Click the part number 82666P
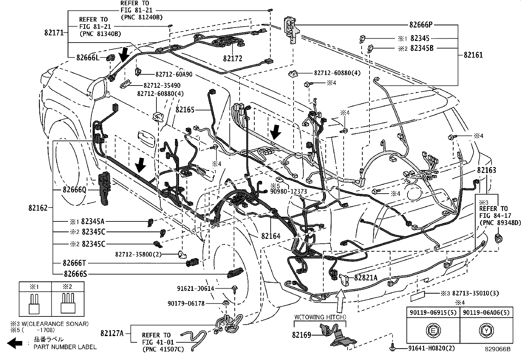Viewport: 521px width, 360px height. click(x=421, y=25)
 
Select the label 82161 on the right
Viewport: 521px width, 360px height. click(x=473, y=55)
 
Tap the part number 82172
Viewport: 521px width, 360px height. click(x=233, y=59)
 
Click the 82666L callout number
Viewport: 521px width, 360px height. click(x=87, y=58)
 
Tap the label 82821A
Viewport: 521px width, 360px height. click(x=366, y=278)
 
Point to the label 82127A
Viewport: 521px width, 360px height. click(x=112, y=333)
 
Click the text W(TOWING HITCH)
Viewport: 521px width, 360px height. click(x=319, y=317)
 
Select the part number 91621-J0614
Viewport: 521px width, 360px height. click(x=195, y=289)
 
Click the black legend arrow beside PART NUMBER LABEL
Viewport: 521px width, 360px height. click(x=15, y=343)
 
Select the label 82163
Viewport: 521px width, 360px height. click(x=486, y=170)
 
